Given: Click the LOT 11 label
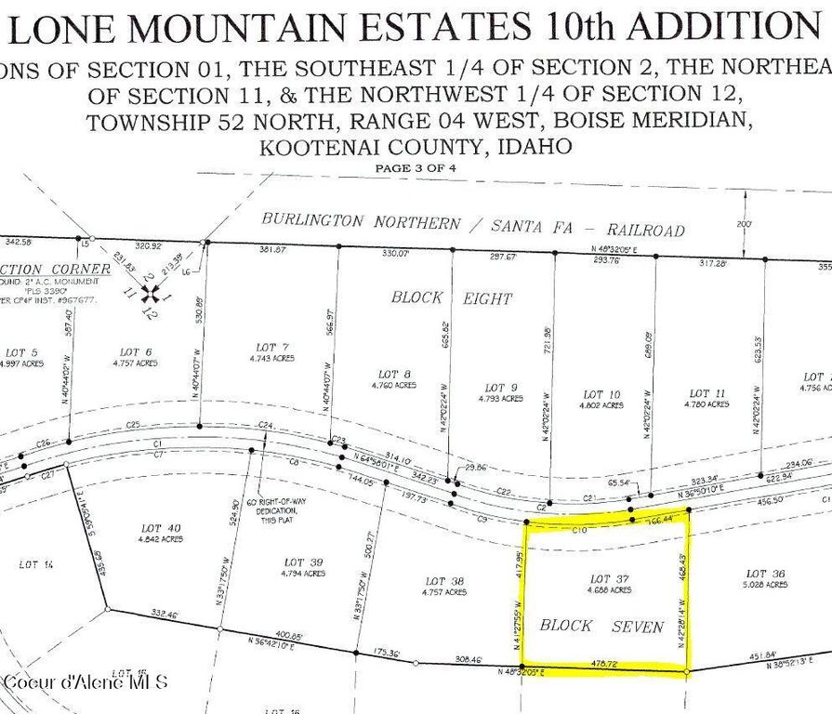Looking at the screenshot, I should pyautogui.click(x=707, y=393).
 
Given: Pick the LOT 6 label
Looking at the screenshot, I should pyautogui.click(x=136, y=352).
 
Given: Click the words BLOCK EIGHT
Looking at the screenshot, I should pyautogui.click(x=451, y=298).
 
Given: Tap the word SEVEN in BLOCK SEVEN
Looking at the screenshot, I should pyautogui.click(x=638, y=627).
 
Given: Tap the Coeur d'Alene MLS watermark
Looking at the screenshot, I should pyautogui.click(x=86, y=681).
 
